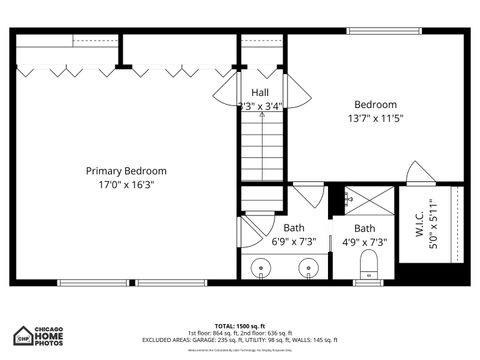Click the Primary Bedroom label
click(x=126, y=171)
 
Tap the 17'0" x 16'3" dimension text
click(x=126, y=185)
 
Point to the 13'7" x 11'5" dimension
click(x=376, y=118)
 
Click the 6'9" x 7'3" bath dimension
click(x=294, y=241)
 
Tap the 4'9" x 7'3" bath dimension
click(x=364, y=241)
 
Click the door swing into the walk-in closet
click(x=420, y=172)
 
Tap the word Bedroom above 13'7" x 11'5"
click(x=376, y=104)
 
